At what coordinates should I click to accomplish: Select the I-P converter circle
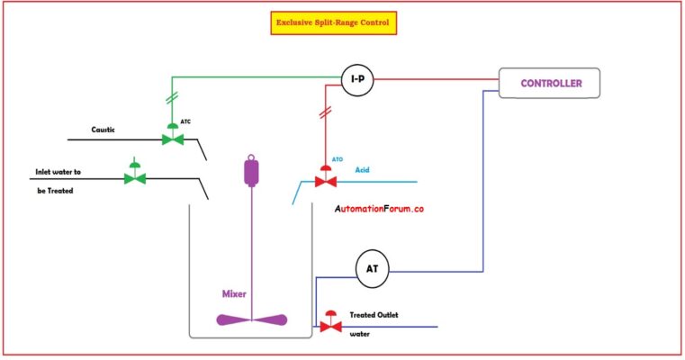tap(357, 80)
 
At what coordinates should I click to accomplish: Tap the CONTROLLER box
tap(551, 84)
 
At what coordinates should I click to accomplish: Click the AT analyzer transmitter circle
tap(371, 268)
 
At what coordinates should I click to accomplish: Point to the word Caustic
tap(104, 130)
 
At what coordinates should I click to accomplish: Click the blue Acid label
tap(363, 169)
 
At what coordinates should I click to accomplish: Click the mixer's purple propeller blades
tap(252, 319)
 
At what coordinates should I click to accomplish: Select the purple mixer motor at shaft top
tap(252, 171)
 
